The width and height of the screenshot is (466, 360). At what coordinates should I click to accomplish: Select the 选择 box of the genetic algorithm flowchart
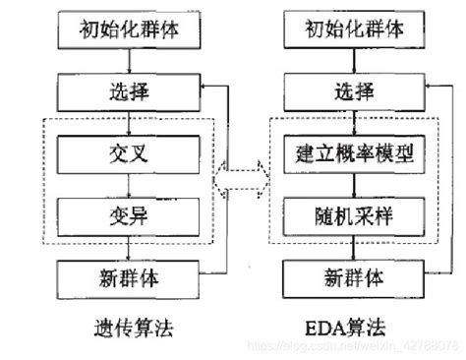[x=130, y=94]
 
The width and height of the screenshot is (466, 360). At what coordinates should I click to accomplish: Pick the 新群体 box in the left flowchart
[x=130, y=275]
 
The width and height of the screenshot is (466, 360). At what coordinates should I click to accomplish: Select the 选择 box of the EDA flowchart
[x=348, y=94]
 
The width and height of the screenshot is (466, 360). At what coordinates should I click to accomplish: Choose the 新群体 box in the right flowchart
[x=348, y=275]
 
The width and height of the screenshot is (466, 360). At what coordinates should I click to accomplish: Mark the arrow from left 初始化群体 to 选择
[x=130, y=62]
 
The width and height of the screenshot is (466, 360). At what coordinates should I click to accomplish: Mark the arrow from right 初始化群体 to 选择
[x=348, y=62]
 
